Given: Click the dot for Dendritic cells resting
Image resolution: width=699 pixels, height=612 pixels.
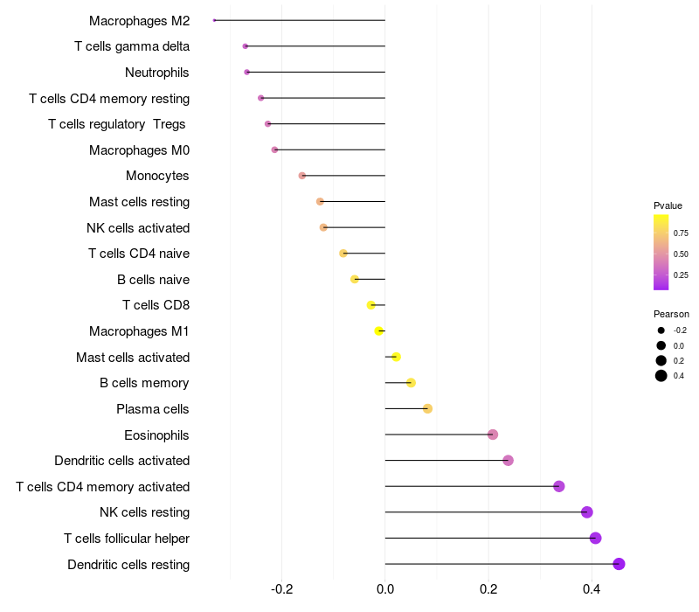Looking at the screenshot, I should coord(619,564).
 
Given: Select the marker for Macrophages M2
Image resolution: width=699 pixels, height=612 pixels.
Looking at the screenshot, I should coord(215,20).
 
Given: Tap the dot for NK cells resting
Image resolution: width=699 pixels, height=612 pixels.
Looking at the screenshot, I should coord(587,512).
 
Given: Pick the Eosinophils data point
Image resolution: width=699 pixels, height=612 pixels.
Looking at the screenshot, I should coord(493,435).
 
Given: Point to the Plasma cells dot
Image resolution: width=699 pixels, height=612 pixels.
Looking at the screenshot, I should coord(427,408).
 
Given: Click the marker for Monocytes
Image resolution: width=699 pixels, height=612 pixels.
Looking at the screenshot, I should coord(302,176).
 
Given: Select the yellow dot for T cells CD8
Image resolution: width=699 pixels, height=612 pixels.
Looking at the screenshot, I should coord(371,305).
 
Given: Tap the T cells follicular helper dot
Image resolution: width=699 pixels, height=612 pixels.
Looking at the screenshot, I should coord(596,538).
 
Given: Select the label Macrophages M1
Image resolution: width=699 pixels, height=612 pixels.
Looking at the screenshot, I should coord(139,331).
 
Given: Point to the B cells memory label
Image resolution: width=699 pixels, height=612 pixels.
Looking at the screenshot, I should coord(144,383).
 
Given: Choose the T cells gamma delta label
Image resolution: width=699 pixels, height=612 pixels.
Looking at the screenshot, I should coord(132,46).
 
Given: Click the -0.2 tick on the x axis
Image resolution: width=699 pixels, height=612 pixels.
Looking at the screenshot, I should coord(281,589).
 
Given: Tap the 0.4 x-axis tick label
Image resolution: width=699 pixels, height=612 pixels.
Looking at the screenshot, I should coord(592,589).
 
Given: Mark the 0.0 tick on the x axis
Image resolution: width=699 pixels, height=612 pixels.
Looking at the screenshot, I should coord(385,589).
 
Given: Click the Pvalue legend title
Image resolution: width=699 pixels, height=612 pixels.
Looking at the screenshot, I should coord(668,205).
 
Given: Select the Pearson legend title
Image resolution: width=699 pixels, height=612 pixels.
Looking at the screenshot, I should coord(671,314).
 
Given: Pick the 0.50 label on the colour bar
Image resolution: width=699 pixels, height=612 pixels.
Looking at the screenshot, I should coord(681,254).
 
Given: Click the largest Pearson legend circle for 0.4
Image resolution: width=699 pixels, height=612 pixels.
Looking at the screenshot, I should coord(661,376).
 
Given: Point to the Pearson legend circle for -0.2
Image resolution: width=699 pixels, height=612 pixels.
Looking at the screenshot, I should coord(661,330).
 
